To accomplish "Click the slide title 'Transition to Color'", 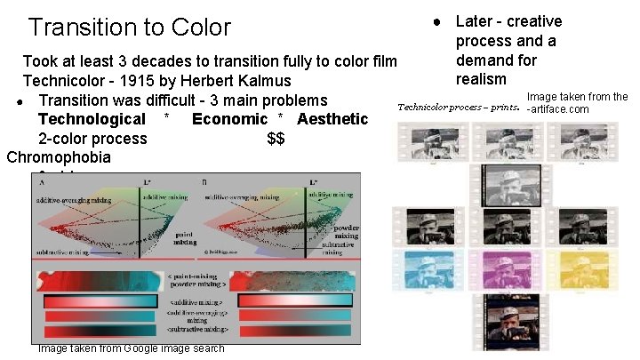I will tap(130, 28).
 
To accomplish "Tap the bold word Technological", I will tap(92, 119).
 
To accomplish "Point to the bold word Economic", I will tap(229, 119).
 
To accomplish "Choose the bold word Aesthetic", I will tap(332, 119).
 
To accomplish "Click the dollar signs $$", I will tap(275, 139).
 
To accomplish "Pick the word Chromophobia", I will tap(59, 158).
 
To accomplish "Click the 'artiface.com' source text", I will tap(559, 109).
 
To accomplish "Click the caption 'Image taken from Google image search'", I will tap(131, 348).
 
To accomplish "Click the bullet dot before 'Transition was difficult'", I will tap(19, 100).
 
